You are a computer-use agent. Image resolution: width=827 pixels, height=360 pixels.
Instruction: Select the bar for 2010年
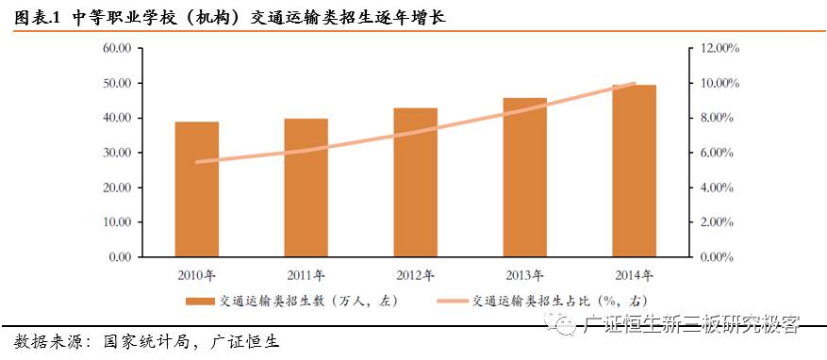pyautogui.click(x=196, y=188)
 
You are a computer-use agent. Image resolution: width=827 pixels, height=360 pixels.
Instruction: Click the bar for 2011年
pyautogui.click(x=306, y=187)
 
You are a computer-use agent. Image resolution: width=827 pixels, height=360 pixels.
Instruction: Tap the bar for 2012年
pyautogui.click(x=415, y=182)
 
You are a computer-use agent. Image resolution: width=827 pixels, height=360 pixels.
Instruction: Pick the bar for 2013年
pyautogui.click(x=524, y=176)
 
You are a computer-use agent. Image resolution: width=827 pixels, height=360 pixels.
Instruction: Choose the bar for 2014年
pyautogui.click(x=634, y=171)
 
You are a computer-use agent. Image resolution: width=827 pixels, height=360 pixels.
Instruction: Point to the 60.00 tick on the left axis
pyautogui.click(x=117, y=48)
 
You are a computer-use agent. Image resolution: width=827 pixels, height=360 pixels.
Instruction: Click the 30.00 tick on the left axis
pyautogui.click(x=117, y=153)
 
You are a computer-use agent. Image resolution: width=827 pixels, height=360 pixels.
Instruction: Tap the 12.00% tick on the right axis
pyautogui.click(x=720, y=48)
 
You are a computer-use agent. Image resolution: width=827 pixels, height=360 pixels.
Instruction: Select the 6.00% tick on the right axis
pyautogui.click(x=718, y=153)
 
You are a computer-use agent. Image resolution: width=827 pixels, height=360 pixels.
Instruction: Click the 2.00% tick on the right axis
pyautogui.click(x=718, y=222)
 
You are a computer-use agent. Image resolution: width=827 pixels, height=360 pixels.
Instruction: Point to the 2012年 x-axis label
pyautogui.click(x=415, y=275)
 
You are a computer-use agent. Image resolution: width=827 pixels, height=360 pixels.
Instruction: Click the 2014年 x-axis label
pyautogui.click(x=634, y=275)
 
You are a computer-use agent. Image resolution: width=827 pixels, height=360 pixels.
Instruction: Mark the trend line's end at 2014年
pyautogui.click(x=634, y=84)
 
